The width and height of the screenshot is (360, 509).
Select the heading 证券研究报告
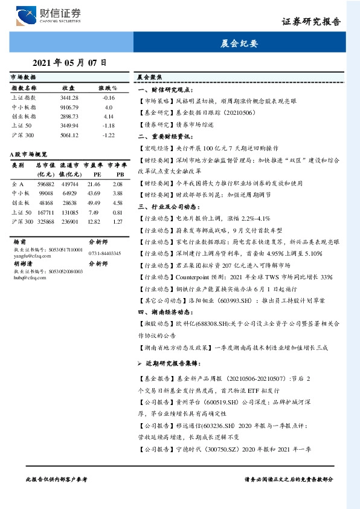tap(310, 22)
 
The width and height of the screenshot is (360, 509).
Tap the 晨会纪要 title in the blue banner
tap(239, 44)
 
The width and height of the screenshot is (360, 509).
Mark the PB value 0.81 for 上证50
tap(118, 213)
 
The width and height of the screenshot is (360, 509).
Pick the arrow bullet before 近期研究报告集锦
tap(140, 366)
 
